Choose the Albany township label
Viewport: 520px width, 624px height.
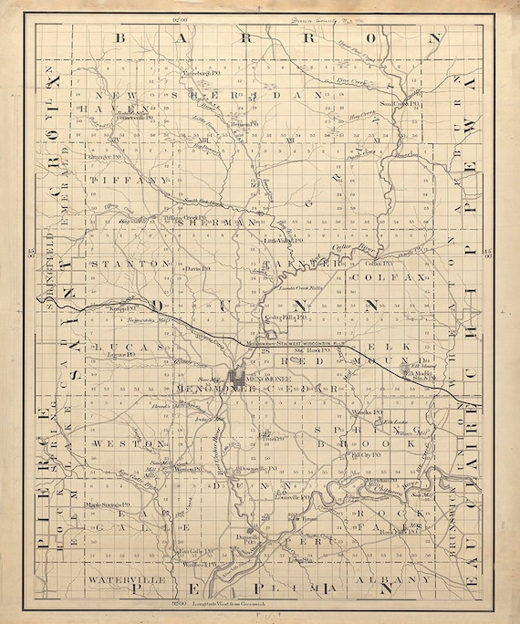[400, 579]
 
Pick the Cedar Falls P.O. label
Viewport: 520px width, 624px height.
[284, 317]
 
